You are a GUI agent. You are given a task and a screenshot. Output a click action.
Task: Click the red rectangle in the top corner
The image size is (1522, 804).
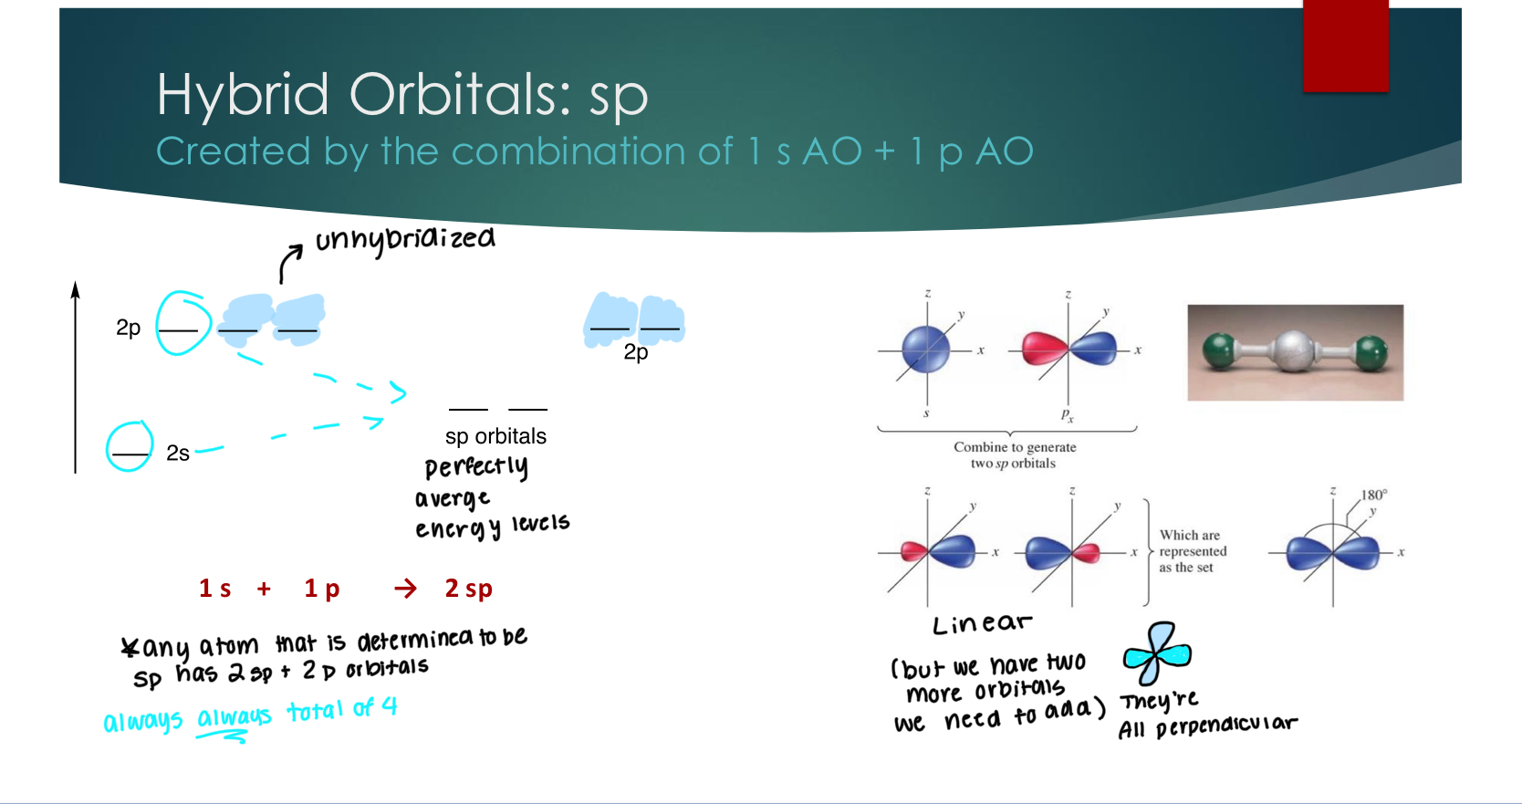pos(1345,46)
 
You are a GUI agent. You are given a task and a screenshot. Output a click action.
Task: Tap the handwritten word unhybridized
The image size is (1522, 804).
pos(405,240)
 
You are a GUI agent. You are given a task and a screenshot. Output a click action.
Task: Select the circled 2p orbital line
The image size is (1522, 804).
pos(180,329)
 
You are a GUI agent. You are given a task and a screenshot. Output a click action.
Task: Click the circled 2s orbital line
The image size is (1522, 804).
pos(130,453)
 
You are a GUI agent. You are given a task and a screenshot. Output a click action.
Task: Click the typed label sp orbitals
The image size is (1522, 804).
pos(495,436)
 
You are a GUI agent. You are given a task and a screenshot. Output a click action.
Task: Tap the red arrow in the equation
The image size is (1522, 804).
pos(405,589)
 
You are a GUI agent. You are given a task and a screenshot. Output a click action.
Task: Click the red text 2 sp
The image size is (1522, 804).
pos(468,589)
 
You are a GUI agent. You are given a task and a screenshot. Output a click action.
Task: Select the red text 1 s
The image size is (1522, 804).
pos(215,589)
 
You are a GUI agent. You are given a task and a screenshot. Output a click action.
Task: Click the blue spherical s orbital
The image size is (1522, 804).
pos(925,350)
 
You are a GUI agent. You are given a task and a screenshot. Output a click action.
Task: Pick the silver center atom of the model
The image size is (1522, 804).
pos(1293,351)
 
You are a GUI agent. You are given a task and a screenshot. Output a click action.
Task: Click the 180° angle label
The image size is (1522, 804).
pos(1373,495)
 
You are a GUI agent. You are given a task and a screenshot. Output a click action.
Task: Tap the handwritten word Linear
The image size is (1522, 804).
pos(981,624)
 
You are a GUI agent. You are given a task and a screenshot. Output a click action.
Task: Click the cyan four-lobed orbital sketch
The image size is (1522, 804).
pos(1156,653)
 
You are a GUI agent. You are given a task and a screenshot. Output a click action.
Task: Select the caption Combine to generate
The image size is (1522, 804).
pos(1015,447)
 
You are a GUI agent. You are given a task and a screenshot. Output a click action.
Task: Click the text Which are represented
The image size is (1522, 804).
pos(1192,544)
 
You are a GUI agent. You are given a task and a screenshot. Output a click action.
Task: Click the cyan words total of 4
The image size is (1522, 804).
pos(341,709)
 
